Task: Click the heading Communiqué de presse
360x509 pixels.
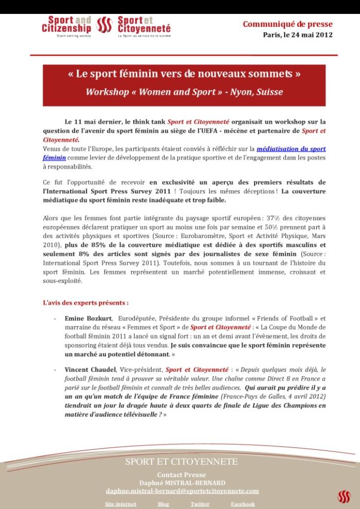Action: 287,24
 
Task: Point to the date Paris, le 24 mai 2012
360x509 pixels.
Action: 297,35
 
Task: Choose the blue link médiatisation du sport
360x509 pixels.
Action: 291,149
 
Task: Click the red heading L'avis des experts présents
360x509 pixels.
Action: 85,303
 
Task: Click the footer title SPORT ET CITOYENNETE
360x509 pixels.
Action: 182,462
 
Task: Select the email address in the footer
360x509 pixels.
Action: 183,490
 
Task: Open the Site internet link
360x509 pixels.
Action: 120,504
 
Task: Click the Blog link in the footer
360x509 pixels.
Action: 163,504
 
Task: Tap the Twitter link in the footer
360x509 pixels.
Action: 200,504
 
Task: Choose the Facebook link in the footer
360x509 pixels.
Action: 243,504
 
